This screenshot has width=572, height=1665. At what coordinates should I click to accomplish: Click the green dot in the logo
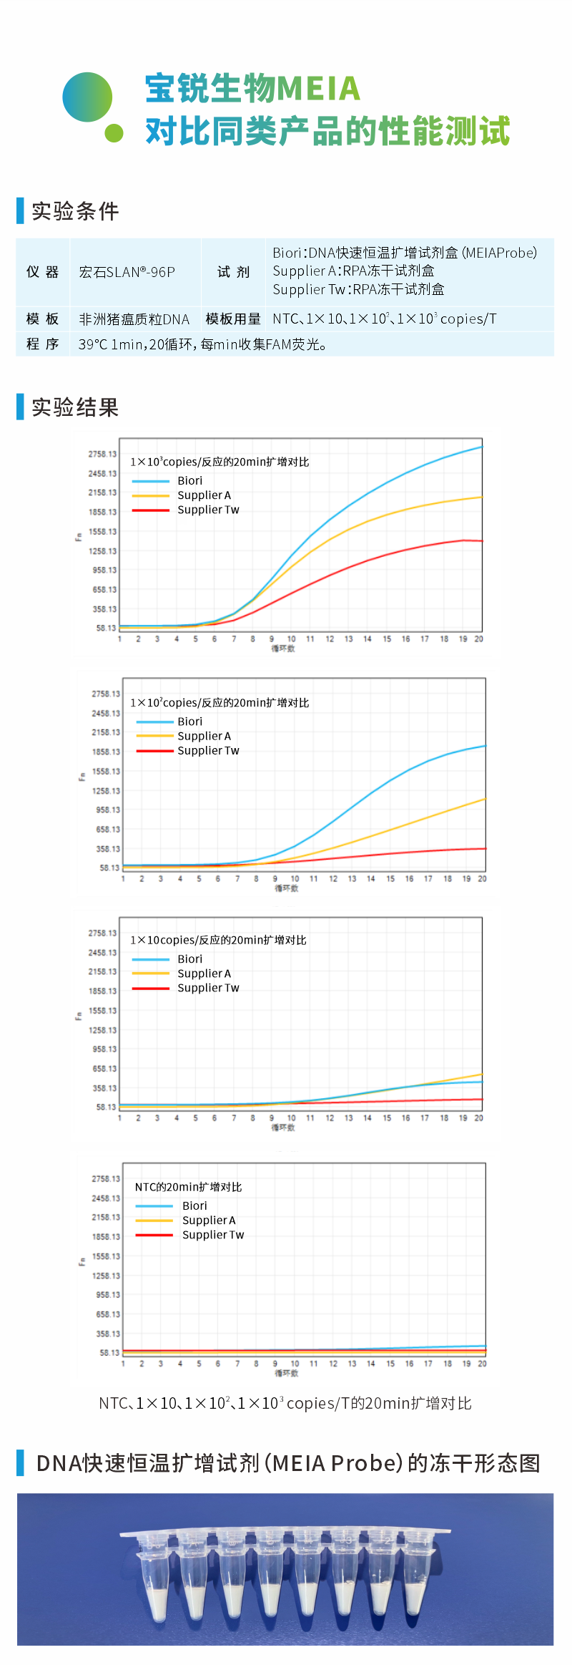click(x=114, y=133)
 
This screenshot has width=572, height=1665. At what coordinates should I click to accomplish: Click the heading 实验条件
click(x=75, y=211)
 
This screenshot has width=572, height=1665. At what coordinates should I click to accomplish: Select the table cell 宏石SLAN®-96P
click(x=127, y=272)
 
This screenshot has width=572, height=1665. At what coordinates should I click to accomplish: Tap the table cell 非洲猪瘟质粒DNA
click(x=134, y=319)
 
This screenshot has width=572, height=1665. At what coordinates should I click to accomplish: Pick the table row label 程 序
click(x=42, y=344)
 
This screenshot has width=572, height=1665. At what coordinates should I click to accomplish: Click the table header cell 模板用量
click(x=233, y=319)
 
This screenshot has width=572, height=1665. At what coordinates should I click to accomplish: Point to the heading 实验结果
click(x=75, y=407)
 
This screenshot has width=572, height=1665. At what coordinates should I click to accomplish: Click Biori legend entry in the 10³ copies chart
click(x=189, y=481)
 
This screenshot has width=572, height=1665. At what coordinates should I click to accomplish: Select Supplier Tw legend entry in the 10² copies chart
click(x=208, y=751)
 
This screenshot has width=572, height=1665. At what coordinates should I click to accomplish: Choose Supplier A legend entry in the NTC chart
click(x=208, y=1220)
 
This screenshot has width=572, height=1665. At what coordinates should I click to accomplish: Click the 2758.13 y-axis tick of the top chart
click(x=102, y=455)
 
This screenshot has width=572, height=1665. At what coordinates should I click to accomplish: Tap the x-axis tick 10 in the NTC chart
click(x=295, y=1364)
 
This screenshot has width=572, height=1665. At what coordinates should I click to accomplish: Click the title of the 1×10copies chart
click(x=218, y=941)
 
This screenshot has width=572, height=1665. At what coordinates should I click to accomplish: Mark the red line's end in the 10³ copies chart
click(x=481, y=541)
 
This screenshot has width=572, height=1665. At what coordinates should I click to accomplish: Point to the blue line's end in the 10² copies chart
click(x=485, y=746)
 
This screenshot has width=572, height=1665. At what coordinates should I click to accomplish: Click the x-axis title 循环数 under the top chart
click(x=283, y=649)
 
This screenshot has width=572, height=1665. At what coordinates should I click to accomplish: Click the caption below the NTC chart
click(x=285, y=1404)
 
